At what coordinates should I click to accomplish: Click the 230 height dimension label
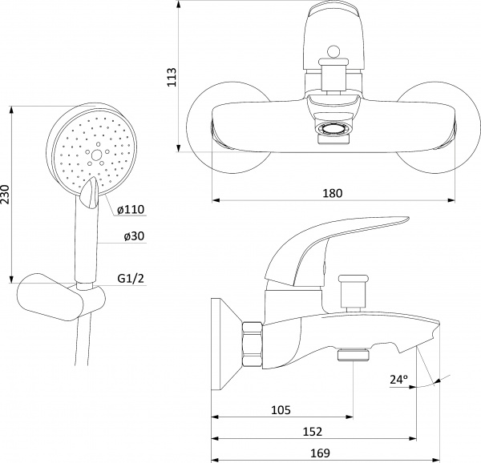(6, 195)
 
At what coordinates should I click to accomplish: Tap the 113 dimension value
(172, 77)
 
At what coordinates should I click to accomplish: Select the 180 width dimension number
(332, 193)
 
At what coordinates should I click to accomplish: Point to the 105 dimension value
(281, 409)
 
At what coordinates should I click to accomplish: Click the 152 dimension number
(313, 432)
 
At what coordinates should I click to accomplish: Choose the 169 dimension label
(320, 453)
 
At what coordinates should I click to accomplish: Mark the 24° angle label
(398, 380)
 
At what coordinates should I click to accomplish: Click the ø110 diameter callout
(131, 210)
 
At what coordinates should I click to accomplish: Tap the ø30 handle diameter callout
(134, 236)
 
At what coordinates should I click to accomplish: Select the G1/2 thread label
(131, 279)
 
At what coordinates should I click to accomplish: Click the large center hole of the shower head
(96, 155)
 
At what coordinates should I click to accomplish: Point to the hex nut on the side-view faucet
(253, 344)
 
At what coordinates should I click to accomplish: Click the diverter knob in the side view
(353, 293)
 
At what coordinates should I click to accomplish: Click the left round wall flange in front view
(229, 127)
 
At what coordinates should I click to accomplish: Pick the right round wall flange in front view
(438, 127)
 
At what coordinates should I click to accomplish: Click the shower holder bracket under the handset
(62, 297)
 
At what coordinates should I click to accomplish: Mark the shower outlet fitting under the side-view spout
(353, 355)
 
